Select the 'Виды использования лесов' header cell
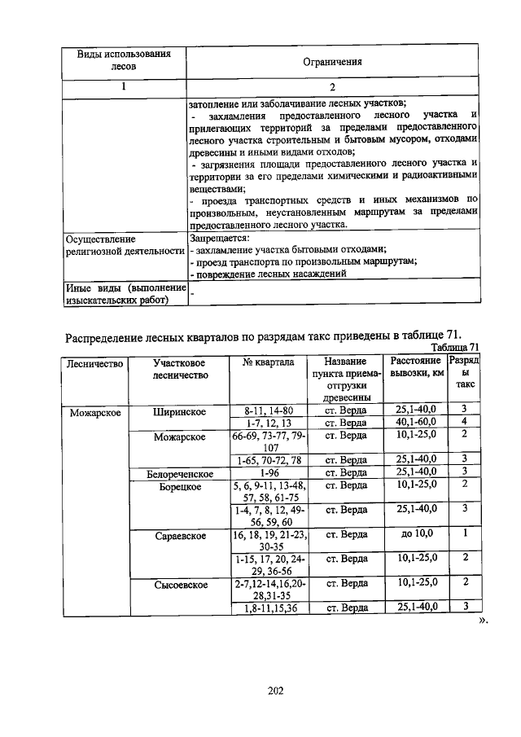[124, 61]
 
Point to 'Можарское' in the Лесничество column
[95, 412]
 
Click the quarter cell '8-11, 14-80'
[268, 410]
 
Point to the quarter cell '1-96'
[268, 473]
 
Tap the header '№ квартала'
[268, 362]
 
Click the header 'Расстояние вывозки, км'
[416, 367]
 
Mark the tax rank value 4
[463, 423]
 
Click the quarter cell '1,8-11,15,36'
[268, 608]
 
